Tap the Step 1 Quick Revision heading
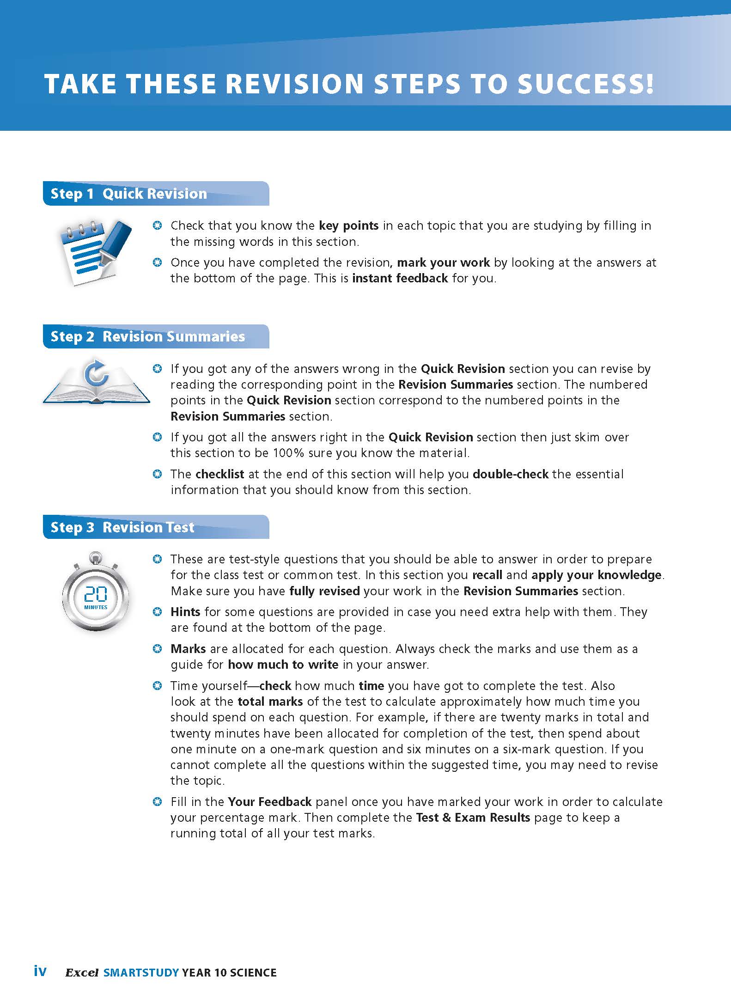tap(128, 194)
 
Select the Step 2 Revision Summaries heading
tap(147, 336)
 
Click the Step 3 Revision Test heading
tap(122, 527)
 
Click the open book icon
tap(96, 381)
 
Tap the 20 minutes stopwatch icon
tap(96, 593)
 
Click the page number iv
tap(40, 971)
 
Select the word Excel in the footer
tap(82, 973)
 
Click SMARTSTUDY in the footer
tap(141, 973)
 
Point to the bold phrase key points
tap(348, 226)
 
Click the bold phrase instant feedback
tap(400, 278)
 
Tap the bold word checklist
tap(220, 474)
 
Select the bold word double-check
tap(511, 474)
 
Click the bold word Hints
tap(185, 612)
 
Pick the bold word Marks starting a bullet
tap(188, 649)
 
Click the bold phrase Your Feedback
tap(270, 802)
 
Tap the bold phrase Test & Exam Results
tap(473, 818)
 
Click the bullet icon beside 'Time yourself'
tap(158, 686)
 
